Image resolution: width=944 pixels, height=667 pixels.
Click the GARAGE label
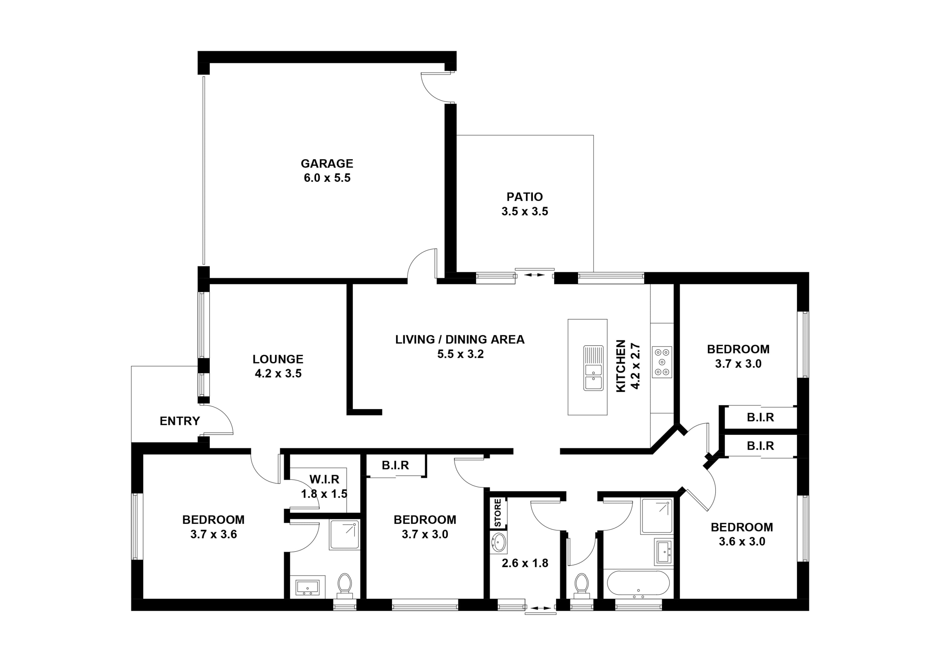pyautogui.click(x=327, y=164)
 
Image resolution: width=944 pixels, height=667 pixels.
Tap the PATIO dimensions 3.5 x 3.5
pyautogui.click(x=525, y=212)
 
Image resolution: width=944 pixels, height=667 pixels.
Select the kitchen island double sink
pyautogui.click(x=593, y=368)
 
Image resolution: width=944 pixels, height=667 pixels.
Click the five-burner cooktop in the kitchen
pyautogui.click(x=661, y=362)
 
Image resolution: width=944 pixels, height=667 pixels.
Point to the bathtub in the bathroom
pyautogui.click(x=638, y=583)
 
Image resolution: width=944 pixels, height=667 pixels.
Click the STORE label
pyautogui.click(x=498, y=513)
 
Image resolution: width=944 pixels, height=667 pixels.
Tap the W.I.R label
pyautogui.click(x=324, y=479)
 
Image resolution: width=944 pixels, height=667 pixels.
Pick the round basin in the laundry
pyautogui.click(x=499, y=542)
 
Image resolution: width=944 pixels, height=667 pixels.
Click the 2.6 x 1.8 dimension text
pyautogui.click(x=525, y=563)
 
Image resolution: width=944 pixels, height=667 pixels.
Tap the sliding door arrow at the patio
pyautogui.click(x=535, y=275)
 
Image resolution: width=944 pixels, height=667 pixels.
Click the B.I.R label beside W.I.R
pyautogui.click(x=395, y=465)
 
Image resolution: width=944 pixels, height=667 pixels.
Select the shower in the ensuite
pyautogui.click(x=345, y=535)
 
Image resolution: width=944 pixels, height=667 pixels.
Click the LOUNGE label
pyautogui.click(x=278, y=359)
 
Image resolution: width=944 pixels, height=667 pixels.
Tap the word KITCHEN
pyautogui.click(x=621, y=366)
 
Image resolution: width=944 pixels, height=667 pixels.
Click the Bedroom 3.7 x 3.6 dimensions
pyautogui.click(x=213, y=535)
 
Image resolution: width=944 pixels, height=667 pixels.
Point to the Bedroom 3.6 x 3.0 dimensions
pyautogui.click(x=742, y=542)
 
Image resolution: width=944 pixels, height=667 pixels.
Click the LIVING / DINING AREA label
pyautogui.click(x=460, y=339)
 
